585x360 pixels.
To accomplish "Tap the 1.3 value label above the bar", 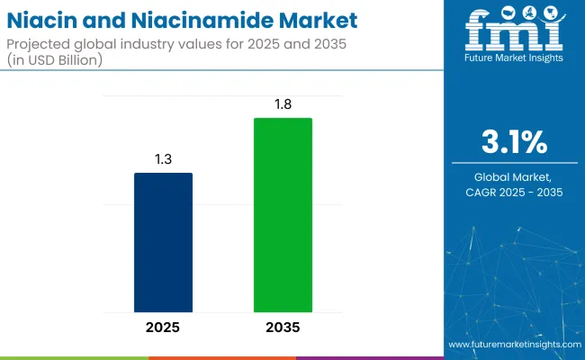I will [x=163, y=158].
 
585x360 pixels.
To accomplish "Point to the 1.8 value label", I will [x=283, y=103].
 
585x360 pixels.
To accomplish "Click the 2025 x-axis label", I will [x=163, y=327].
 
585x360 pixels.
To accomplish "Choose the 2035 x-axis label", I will [x=283, y=327].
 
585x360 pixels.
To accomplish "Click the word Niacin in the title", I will [x=45, y=20].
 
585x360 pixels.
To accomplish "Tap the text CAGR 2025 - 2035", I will [x=515, y=193].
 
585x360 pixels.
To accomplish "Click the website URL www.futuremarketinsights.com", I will [x=513, y=345].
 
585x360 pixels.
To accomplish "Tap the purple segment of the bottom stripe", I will [x=369, y=357].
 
